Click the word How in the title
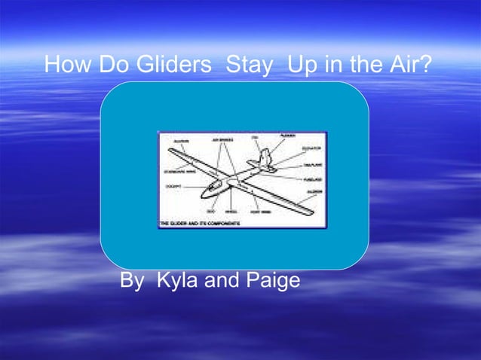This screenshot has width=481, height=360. [x=63, y=66]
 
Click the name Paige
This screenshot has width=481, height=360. [x=273, y=281]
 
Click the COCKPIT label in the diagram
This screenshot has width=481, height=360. [x=173, y=186]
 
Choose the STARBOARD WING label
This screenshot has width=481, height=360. [x=180, y=171]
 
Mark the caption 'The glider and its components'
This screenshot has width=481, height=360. [x=200, y=224]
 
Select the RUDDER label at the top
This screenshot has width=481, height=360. [x=287, y=135]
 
